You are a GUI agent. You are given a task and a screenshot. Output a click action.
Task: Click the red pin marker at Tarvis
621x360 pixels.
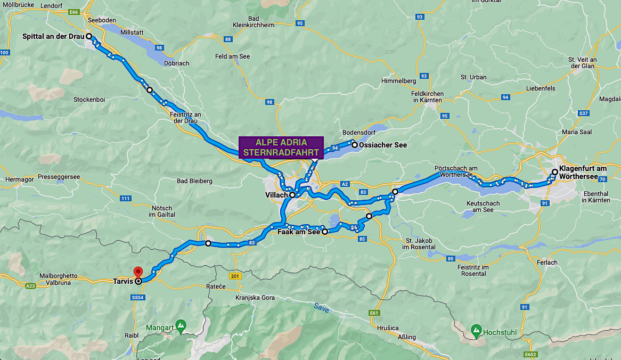(x=138, y=271)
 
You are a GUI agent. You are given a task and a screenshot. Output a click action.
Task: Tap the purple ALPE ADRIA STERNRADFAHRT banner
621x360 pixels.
(x=281, y=148)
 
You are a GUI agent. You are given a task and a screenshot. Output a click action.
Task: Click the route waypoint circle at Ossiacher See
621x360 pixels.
(x=354, y=144)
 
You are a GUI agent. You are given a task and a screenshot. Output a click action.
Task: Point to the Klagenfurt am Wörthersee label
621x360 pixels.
(x=583, y=172)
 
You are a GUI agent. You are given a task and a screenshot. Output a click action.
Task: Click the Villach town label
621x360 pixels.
(x=276, y=195)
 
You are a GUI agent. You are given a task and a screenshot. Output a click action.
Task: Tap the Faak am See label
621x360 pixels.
(x=299, y=232)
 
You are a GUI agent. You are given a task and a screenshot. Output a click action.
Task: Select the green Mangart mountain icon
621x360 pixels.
(x=181, y=324)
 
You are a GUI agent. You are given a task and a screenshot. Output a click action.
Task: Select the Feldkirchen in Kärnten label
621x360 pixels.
(x=427, y=96)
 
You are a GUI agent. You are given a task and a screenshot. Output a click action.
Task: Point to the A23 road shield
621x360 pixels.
(x=30, y=286)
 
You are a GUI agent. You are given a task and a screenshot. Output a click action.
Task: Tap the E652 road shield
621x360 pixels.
(x=530, y=354)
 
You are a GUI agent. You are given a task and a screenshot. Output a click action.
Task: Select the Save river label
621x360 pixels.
(x=321, y=307)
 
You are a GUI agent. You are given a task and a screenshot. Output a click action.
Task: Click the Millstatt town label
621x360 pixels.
(x=132, y=32)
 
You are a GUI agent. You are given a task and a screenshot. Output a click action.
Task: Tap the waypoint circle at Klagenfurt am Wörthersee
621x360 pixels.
(x=554, y=172)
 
